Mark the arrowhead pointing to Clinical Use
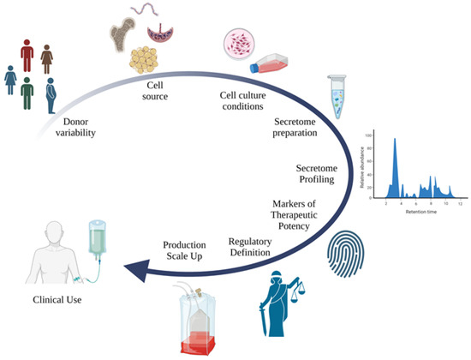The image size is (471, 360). tap(131, 272)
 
